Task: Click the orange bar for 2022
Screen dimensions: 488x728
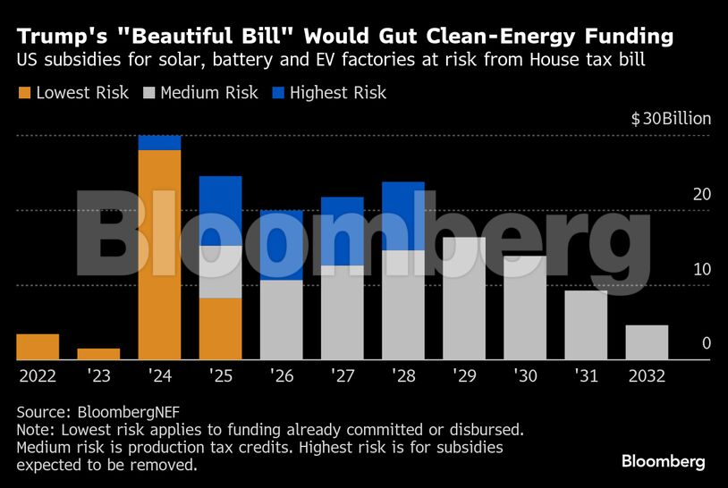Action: pyautogui.click(x=38, y=347)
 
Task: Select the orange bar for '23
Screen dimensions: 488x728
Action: pyautogui.click(x=98, y=354)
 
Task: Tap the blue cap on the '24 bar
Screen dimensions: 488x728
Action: pyautogui.click(x=159, y=143)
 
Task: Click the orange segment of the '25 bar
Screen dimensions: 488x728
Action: pyautogui.click(x=220, y=329)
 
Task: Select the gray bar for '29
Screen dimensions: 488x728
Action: pyautogui.click(x=464, y=299)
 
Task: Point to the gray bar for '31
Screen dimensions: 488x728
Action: pyautogui.click(x=586, y=325)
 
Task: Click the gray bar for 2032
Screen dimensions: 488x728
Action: pyautogui.click(x=647, y=342)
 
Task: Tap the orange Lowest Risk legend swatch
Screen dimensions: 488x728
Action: pyautogui.click(x=24, y=93)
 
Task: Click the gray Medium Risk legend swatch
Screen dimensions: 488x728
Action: pyautogui.click(x=148, y=93)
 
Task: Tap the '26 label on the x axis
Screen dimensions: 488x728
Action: pyautogui.click(x=281, y=376)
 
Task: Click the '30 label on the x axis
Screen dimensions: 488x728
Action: pyautogui.click(x=525, y=376)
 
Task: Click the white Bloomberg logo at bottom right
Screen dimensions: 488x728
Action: pyautogui.click(x=663, y=461)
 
